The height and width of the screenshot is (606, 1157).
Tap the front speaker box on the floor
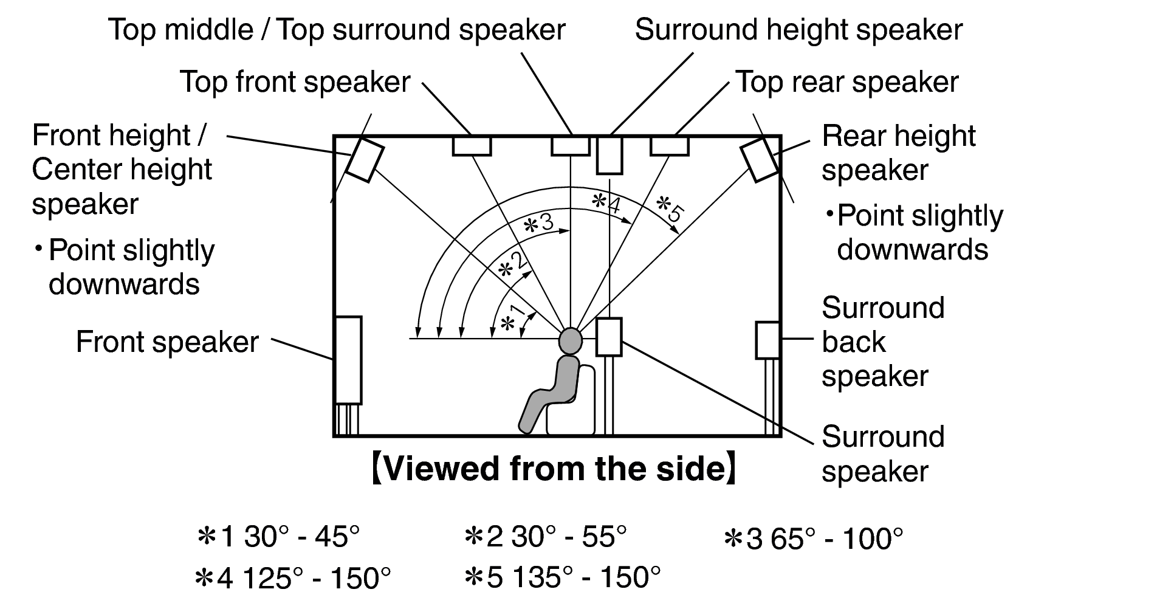(348, 360)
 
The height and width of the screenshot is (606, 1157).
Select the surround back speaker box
(767, 340)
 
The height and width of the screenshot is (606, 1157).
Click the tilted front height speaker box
(365, 160)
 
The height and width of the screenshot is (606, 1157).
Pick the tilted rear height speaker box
(759, 159)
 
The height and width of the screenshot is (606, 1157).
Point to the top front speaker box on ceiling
(472, 146)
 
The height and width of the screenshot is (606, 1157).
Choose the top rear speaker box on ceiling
(669, 146)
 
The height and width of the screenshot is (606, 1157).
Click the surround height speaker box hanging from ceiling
(609, 156)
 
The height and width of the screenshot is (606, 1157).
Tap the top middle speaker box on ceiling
(570, 146)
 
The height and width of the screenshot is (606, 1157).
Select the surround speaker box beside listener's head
(608, 337)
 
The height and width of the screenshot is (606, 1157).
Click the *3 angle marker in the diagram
(538, 223)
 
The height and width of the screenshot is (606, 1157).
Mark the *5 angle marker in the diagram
(671, 207)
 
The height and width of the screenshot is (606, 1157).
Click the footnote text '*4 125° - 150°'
(292, 578)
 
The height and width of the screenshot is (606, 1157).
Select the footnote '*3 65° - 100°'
(814, 539)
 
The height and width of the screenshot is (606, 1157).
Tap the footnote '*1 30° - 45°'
(279, 537)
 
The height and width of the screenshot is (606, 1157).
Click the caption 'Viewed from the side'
(554, 469)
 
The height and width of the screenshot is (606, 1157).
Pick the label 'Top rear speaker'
(846, 82)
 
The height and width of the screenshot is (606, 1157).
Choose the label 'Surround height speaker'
(798, 30)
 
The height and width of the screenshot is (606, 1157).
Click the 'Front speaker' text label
(167, 342)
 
